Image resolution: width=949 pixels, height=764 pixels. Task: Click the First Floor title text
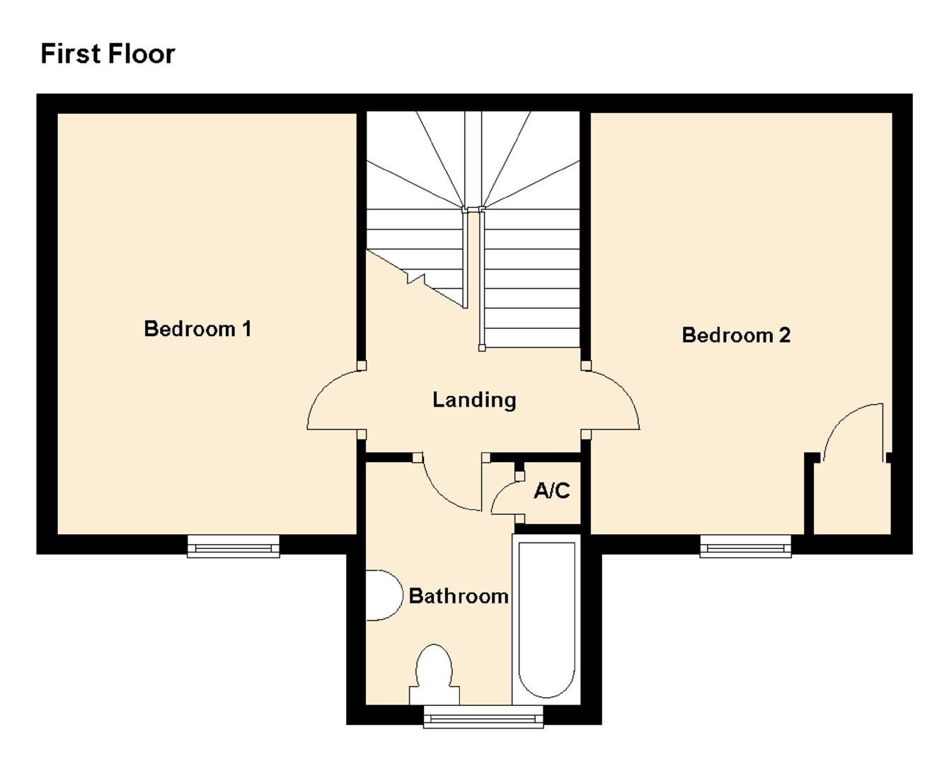click(108, 54)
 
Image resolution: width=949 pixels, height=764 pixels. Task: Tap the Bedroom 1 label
click(197, 329)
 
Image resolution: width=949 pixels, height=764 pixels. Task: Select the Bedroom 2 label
click(736, 335)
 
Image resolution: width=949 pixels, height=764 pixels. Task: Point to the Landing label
click(474, 400)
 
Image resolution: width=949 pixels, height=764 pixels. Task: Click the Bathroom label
click(459, 596)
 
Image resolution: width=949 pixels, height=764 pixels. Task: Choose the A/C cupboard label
click(552, 491)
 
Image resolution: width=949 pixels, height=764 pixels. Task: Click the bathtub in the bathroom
click(547, 619)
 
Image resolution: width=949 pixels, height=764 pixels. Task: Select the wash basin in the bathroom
click(382, 596)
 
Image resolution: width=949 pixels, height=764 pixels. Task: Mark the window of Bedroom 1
click(234, 547)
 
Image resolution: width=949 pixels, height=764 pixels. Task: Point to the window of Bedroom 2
click(745, 547)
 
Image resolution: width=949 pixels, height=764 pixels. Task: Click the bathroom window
click(483, 717)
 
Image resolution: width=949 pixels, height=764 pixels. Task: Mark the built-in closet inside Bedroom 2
click(851, 499)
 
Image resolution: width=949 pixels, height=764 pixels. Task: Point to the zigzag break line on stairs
click(415, 277)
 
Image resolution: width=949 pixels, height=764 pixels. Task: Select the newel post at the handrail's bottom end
click(482, 347)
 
